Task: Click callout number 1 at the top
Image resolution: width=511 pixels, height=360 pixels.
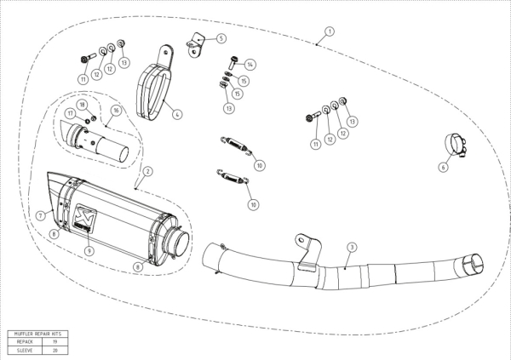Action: [x=330, y=31]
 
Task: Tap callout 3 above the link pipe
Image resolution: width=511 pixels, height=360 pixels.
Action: [x=352, y=247]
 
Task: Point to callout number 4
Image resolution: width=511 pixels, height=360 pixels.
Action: [x=175, y=113]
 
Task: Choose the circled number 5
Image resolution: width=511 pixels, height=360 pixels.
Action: [x=221, y=38]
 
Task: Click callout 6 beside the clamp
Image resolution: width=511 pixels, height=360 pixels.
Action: [x=443, y=168]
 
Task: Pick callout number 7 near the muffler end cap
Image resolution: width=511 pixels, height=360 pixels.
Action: [x=40, y=215]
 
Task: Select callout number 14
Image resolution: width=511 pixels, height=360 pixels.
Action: [x=250, y=65]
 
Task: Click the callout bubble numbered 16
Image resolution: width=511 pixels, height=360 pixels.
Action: [x=115, y=110]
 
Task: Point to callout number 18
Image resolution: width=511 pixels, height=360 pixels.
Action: [x=83, y=104]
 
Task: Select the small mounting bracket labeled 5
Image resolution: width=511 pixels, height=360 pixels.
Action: [x=198, y=43]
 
